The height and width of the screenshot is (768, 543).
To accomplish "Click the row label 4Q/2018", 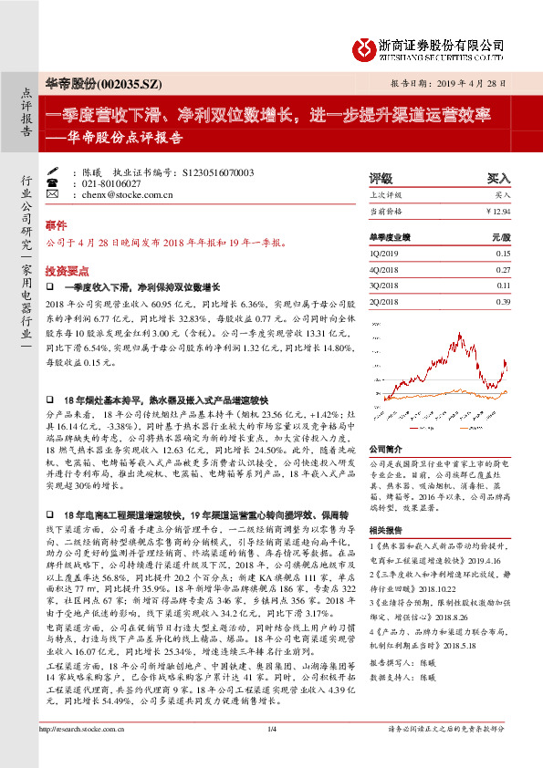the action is coord(385,269).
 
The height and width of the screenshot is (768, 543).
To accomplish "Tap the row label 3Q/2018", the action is coord(385,285).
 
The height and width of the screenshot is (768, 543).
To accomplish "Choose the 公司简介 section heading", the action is coord(385,450).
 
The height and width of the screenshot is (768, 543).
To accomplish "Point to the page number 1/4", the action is coord(271,753).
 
